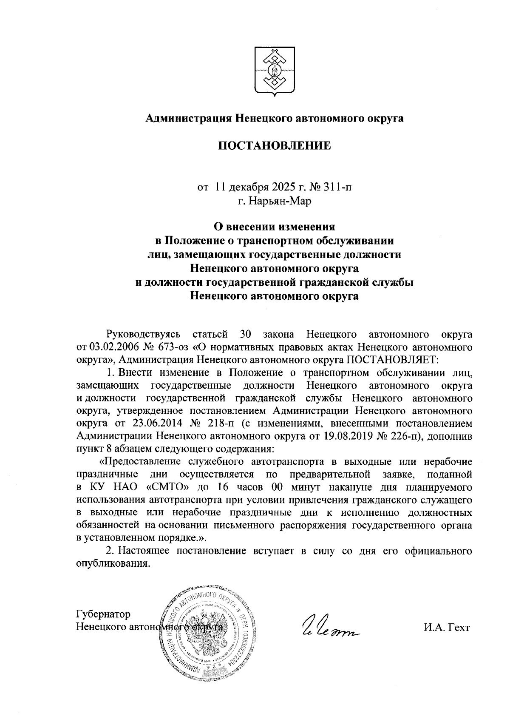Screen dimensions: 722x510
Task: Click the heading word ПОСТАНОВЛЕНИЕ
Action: [275, 146]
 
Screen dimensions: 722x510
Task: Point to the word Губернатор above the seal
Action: [103, 614]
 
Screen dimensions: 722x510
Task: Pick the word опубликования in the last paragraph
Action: [113, 563]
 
